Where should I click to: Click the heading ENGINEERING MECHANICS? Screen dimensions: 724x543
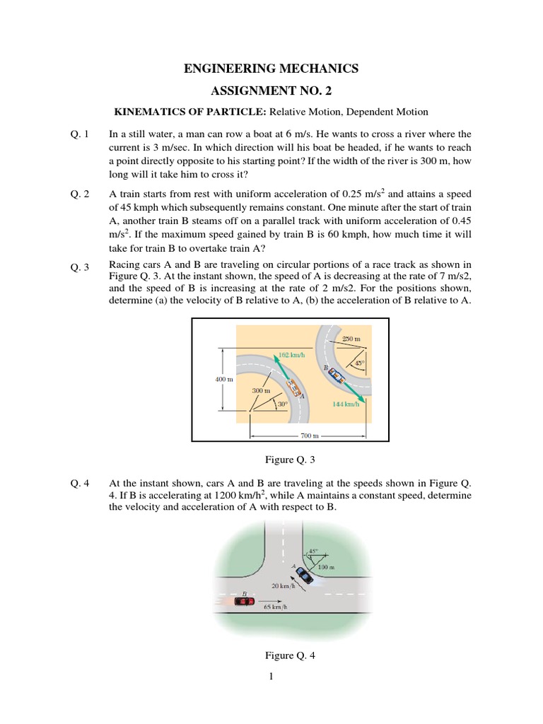pos(271,69)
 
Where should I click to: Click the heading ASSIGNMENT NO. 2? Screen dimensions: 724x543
pos(271,92)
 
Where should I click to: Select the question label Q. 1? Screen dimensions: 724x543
pos(79,134)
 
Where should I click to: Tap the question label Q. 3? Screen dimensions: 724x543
pos(79,267)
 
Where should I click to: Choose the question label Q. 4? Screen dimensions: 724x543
pos(79,484)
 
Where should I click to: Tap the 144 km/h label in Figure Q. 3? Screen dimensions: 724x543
pos(346,404)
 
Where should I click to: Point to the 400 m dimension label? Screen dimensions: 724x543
pos(224,379)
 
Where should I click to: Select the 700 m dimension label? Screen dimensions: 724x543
pos(310,436)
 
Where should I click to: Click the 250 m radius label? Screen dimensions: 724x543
pos(351,339)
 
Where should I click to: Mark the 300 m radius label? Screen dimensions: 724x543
pos(262,390)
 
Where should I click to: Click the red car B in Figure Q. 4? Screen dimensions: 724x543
pos(244,600)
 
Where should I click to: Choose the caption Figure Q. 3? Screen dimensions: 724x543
pos(290,460)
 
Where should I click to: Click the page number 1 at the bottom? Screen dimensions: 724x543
pos(271,677)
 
